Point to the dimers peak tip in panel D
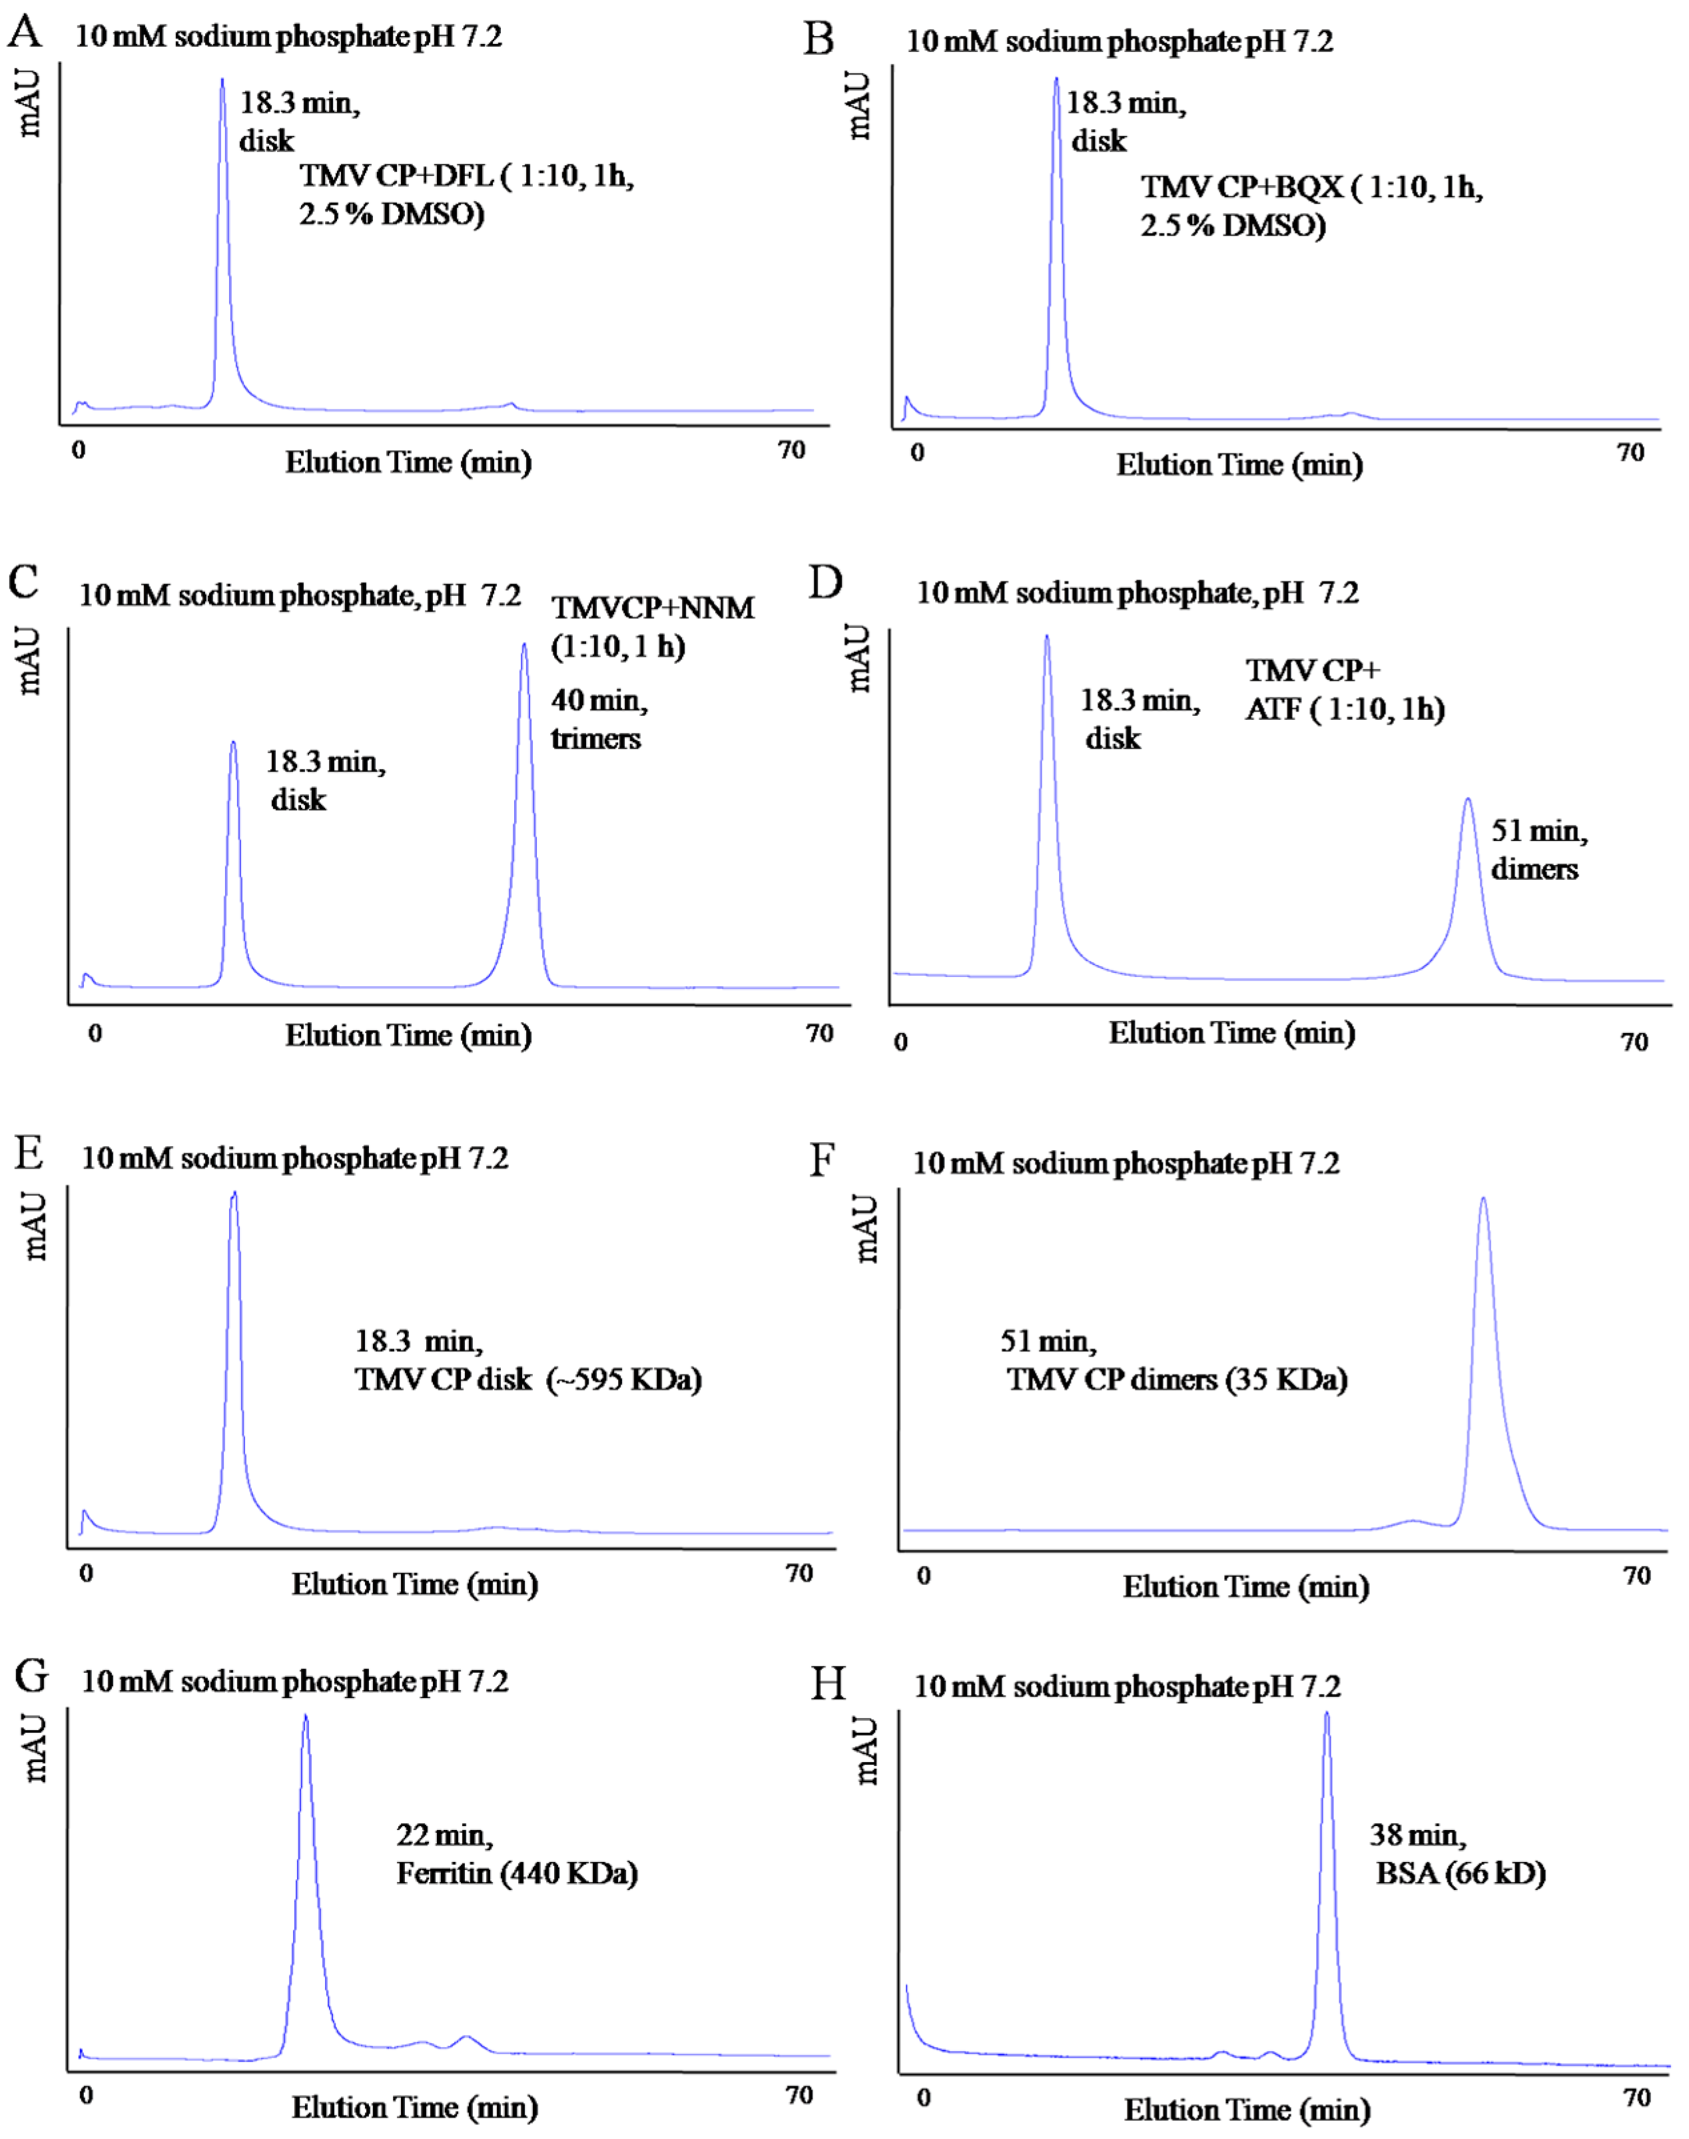tap(1467, 799)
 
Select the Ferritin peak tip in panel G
tap(306, 1717)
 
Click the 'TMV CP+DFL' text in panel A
tap(396, 176)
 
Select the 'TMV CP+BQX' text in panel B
tap(1241, 187)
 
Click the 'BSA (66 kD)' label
tap(1460, 1873)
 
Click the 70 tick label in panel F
tap(1636, 1576)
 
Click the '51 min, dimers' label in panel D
tap(1538, 850)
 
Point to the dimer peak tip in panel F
tap(1483, 1199)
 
